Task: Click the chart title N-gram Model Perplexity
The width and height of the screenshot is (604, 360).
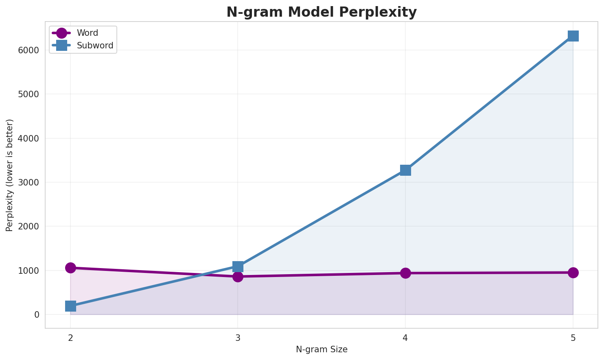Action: pos(322,12)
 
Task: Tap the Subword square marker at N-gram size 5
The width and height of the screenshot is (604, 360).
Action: pos(573,36)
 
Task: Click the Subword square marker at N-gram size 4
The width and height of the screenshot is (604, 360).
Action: pos(405,170)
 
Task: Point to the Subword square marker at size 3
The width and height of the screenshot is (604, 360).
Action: pos(238,266)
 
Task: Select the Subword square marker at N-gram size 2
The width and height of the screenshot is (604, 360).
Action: pos(70,306)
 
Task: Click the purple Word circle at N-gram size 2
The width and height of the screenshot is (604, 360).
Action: pos(70,268)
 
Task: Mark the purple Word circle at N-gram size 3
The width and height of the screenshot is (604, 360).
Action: pos(238,277)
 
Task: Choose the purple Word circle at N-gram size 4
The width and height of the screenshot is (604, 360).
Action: pos(405,273)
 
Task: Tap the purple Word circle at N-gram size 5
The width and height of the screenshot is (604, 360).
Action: pos(573,273)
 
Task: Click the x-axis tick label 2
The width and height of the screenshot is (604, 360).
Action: pos(70,337)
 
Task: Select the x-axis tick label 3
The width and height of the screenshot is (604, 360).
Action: pos(238,337)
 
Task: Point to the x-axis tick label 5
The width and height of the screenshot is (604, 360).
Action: pos(573,337)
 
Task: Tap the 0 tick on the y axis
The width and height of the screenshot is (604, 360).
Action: pos(37,315)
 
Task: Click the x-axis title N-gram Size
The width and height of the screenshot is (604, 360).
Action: pos(322,349)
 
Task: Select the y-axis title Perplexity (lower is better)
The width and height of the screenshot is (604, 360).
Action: pos(10,175)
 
